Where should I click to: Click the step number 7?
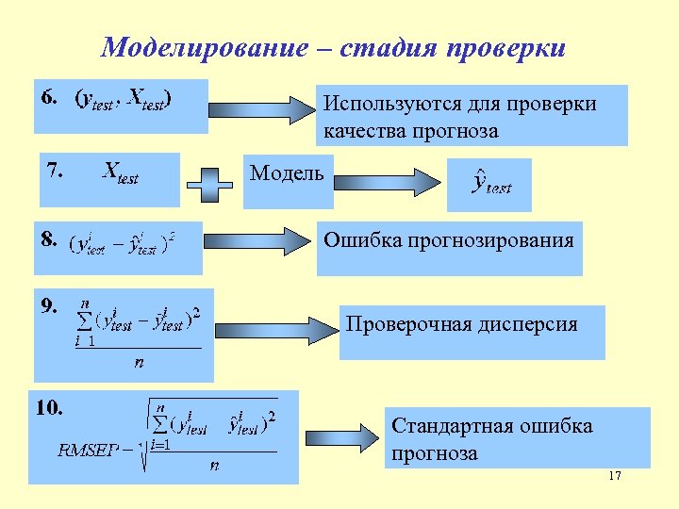(x=55, y=171)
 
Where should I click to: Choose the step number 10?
(x=50, y=408)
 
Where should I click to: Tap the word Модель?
(x=286, y=172)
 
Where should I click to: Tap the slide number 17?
(x=615, y=476)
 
